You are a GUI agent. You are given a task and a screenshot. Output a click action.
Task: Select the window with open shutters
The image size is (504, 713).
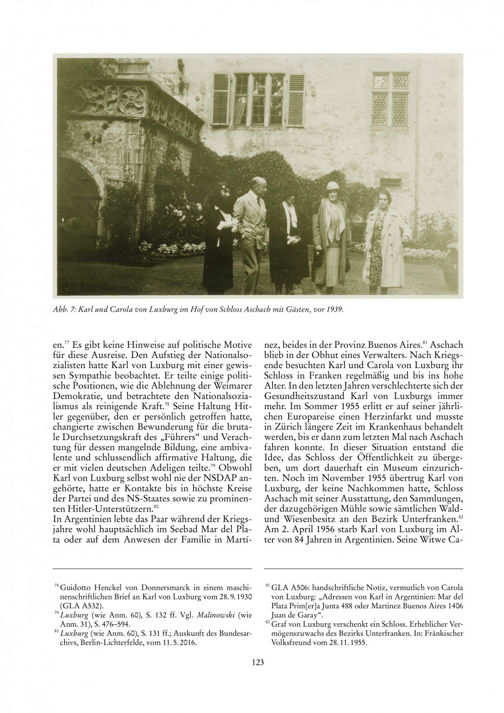(x=259, y=99)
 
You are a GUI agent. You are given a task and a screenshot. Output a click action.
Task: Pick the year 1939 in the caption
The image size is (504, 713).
(x=334, y=310)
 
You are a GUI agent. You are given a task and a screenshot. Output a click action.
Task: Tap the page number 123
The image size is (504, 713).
(x=252, y=662)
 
